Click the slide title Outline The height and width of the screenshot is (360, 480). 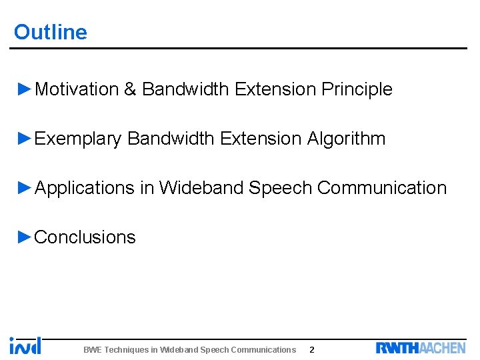click(x=51, y=32)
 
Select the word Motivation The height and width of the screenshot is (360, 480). click(x=76, y=89)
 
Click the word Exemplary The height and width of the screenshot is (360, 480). click(x=77, y=139)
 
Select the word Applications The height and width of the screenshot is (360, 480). click(x=84, y=188)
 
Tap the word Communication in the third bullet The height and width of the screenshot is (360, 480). click(x=382, y=188)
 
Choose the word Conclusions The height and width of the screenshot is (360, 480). click(x=85, y=237)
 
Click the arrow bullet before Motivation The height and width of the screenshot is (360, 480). click(x=25, y=89)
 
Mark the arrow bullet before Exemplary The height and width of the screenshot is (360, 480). click(x=25, y=138)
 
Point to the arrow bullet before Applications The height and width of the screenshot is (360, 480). click(x=25, y=187)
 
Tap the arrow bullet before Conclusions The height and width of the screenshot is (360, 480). click(x=25, y=237)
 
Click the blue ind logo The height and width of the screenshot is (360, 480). click(x=25, y=345)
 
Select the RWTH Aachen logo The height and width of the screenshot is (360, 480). click(x=421, y=347)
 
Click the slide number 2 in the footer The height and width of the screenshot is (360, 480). click(x=312, y=349)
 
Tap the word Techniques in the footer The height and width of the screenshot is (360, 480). click(x=128, y=349)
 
